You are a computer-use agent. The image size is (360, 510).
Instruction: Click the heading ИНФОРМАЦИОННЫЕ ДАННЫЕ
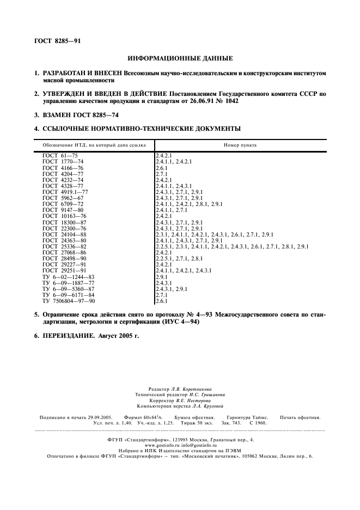180,58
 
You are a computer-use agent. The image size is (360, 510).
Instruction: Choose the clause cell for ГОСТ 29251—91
184,270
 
